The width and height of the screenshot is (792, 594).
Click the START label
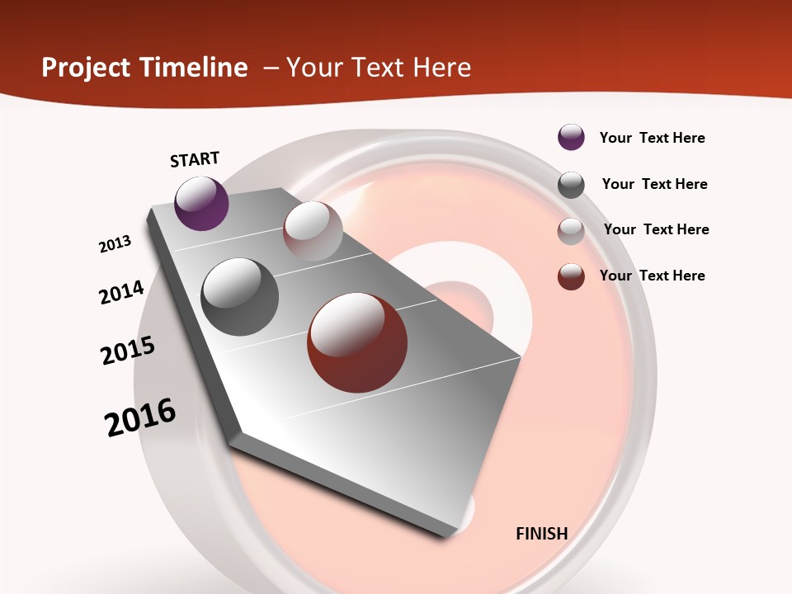[195, 159]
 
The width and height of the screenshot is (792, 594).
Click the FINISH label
[541, 534]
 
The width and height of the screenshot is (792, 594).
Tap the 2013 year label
[115, 244]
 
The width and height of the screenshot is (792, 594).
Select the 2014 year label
[122, 292]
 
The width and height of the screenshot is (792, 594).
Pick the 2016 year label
[140, 417]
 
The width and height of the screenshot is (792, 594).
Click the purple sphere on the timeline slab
[201, 203]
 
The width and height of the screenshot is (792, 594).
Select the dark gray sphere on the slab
[240, 297]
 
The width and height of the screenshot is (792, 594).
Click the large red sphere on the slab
[357, 342]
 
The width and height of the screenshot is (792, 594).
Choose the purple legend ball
[571, 138]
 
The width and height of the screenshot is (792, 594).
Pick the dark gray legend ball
[571, 185]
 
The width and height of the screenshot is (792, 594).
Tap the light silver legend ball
[571, 231]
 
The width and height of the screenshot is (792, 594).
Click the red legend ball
[571, 277]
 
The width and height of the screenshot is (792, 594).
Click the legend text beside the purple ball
[652, 139]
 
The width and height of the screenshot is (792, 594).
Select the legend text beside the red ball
[652, 276]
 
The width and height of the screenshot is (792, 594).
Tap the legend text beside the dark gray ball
[654, 184]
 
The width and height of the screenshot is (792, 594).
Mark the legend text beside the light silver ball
[656, 229]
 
